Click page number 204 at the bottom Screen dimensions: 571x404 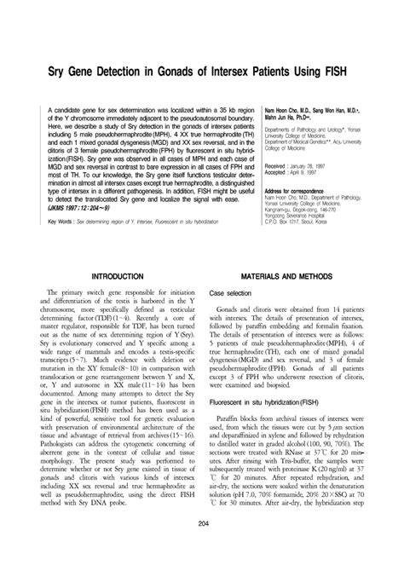203,547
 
